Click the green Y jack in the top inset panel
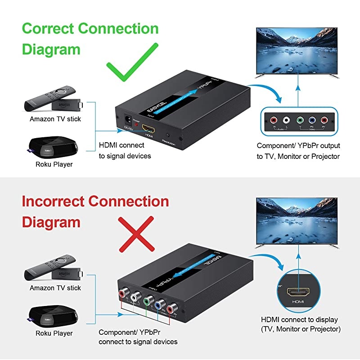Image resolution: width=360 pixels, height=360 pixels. point(300,121)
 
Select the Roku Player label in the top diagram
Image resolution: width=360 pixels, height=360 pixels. point(54,164)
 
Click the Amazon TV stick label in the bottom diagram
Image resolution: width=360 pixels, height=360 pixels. point(55,288)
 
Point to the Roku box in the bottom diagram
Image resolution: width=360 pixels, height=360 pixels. point(52,315)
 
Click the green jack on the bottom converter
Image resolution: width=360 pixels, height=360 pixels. point(147,300)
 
